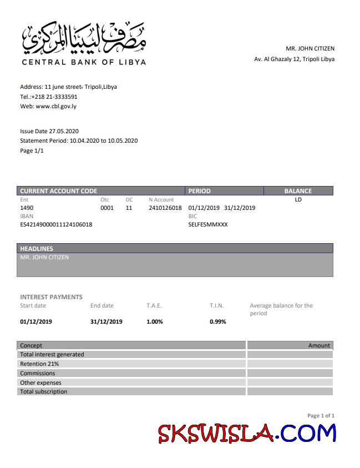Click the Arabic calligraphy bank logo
[x=84, y=38]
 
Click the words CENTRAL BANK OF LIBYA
[x=84, y=62]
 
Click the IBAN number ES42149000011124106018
[x=56, y=225]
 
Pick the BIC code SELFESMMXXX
[x=208, y=225]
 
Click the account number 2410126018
[x=165, y=208]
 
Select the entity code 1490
[x=27, y=208]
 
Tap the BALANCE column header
[x=298, y=191]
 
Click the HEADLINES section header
[x=37, y=249]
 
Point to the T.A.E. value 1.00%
[x=155, y=321]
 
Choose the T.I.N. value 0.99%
[x=217, y=321]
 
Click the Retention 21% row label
[x=39, y=364]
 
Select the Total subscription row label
[x=43, y=391]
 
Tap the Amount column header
[x=319, y=345]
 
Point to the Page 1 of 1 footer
[x=321, y=415]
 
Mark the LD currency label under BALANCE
[x=298, y=200]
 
